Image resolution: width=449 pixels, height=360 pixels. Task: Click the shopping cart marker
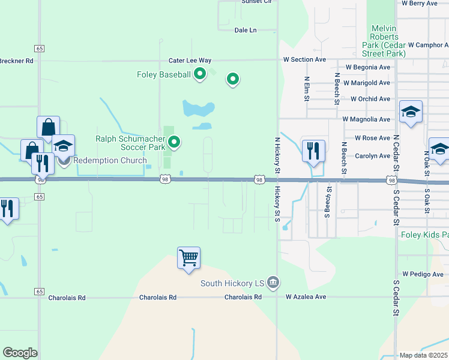point(188,259)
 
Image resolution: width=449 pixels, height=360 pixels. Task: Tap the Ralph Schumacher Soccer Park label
point(130,143)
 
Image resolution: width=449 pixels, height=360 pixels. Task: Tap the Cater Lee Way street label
point(190,60)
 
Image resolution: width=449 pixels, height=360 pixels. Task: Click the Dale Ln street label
point(245,29)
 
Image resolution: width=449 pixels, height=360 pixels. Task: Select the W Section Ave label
point(305,59)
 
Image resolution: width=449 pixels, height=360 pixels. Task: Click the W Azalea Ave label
point(306,296)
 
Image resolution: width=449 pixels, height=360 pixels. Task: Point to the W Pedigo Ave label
point(423,274)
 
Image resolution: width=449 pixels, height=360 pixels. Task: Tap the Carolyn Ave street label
point(372,155)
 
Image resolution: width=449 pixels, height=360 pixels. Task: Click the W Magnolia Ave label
point(366,119)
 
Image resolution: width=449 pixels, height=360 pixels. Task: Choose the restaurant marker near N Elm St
point(313,151)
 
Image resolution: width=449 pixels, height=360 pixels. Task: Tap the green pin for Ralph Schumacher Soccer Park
point(174,142)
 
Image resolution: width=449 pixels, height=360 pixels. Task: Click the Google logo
point(20,353)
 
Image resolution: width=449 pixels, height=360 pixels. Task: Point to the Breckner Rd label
point(16,61)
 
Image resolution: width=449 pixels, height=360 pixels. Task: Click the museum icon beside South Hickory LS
point(273,282)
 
